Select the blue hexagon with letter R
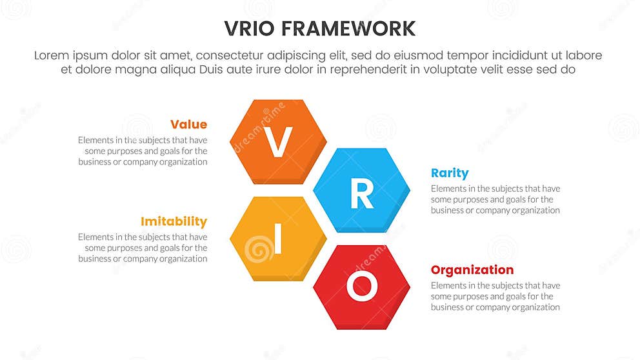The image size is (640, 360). (x=361, y=191)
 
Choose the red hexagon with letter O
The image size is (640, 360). (x=361, y=287)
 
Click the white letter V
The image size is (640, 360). (x=279, y=142)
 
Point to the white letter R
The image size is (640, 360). (x=361, y=193)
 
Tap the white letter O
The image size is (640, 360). (x=361, y=286)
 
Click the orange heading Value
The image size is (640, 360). (x=188, y=125)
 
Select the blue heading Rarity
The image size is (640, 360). (x=450, y=173)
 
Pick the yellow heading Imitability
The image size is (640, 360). (x=174, y=222)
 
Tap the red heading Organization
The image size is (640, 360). (x=472, y=270)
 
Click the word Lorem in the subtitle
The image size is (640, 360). (x=52, y=55)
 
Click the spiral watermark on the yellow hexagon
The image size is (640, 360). (x=259, y=247)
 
